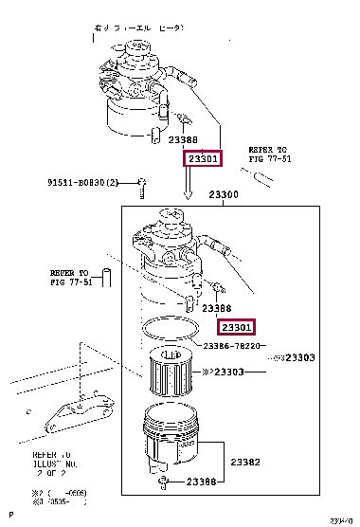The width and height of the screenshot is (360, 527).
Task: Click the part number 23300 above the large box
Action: click(x=224, y=193)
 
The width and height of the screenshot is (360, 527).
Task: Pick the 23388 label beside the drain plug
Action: click(x=204, y=482)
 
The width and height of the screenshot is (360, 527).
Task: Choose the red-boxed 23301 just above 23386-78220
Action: click(x=236, y=327)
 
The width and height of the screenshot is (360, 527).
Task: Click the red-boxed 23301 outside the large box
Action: click(x=202, y=159)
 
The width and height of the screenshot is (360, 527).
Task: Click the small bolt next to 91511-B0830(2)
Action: click(x=141, y=183)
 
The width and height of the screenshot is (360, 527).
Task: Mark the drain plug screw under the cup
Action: click(x=165, y=483)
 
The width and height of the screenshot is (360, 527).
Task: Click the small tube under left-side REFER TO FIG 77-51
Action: click(x=106, y=277)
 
